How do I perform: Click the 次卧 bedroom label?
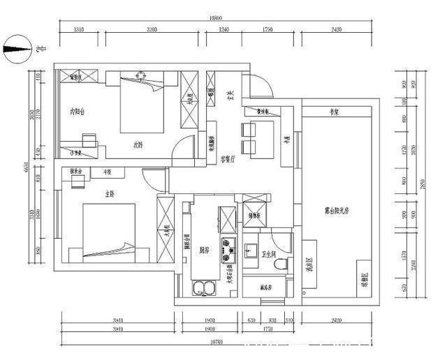138,145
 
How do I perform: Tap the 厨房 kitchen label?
204,248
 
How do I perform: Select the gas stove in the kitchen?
228,250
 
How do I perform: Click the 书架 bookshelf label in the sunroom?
334,112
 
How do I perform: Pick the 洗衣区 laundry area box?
310,264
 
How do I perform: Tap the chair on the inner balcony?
87,140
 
